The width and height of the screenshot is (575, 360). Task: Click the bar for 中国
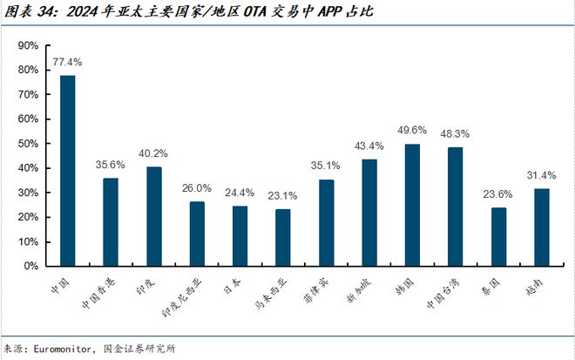[x=67, y=171]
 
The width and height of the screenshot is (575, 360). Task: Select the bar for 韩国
[x=412, y=205]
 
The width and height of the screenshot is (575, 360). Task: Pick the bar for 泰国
[x=498, y=236]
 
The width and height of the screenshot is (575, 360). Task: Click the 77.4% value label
[x=67, y=63]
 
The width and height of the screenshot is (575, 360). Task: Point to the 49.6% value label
[x=412, y=131]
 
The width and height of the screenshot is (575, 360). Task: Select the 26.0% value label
[x=197, y=187]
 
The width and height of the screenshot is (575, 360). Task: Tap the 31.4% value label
[x=541, y=175]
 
